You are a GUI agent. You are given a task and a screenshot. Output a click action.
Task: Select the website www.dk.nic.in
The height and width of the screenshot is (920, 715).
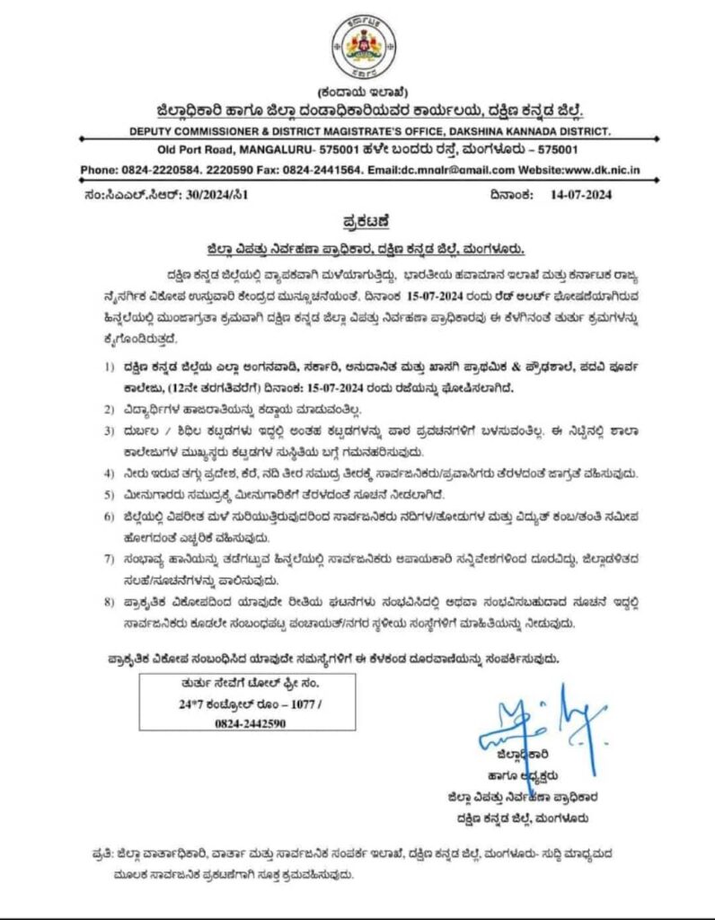pyautogui.click(x=601, y=170)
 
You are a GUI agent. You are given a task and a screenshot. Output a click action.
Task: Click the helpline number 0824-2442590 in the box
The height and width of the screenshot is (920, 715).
pyautogui.click(x=236, y=722)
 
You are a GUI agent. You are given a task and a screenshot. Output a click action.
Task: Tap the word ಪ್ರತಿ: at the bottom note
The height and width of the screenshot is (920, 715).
pyautogui.click(x=99, y=849)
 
